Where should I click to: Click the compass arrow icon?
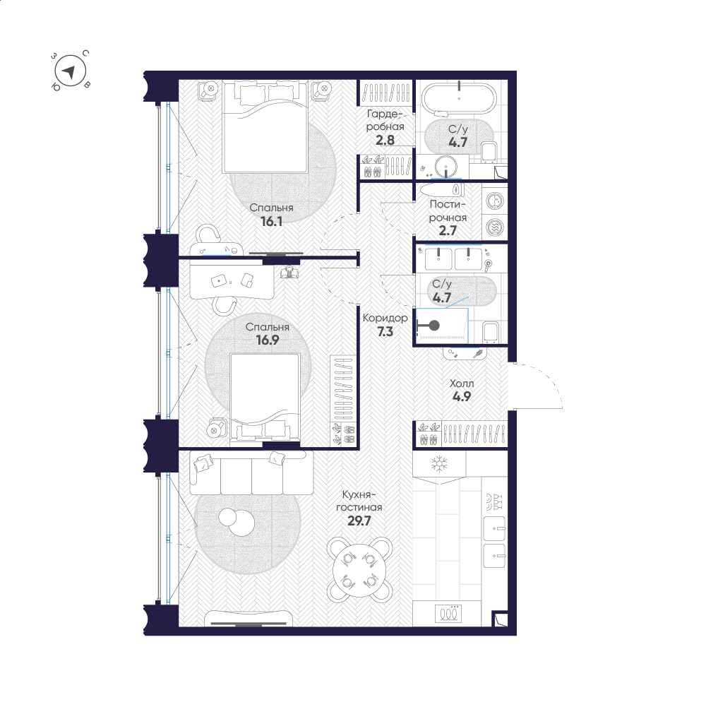pos(69,72)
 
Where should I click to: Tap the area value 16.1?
pos(271,221)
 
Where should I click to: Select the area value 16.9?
pos(268,340)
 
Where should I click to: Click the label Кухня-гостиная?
pos(359,501)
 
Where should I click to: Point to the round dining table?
pos(359,570)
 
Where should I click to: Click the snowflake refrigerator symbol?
pos(439,463)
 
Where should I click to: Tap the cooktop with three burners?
pos(448,613)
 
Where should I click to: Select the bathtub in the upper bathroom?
pos(459,98)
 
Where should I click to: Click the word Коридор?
pos(385,318)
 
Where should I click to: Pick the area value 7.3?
pos(385,332)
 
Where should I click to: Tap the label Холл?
pos(462,384)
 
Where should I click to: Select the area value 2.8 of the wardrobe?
pos(385,141)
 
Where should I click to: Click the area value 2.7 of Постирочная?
pos(448,231)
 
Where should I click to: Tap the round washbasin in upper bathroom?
pos(446,166)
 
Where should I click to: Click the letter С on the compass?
pos(85,53)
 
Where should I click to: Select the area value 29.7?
pos(359,521)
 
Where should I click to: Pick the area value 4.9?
pos(462,397)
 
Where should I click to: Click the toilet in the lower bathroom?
pos(491,331)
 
